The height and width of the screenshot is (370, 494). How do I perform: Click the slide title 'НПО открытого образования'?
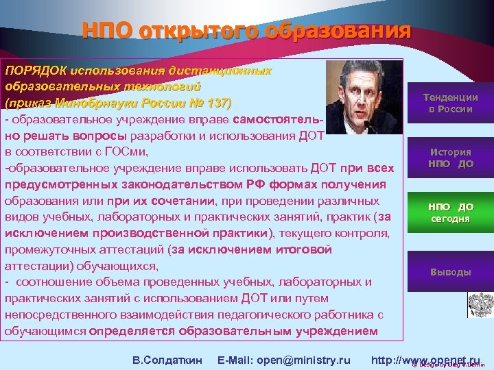click(246, 32)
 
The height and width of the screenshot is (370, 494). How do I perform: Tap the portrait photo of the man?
click(355, 96)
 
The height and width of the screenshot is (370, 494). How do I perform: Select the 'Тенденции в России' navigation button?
click(450, 103)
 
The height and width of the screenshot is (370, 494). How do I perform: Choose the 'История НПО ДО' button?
click(450, 158)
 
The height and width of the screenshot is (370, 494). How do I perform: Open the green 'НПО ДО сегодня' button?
click(450, 212)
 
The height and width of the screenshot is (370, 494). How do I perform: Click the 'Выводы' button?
click(450, 272)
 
